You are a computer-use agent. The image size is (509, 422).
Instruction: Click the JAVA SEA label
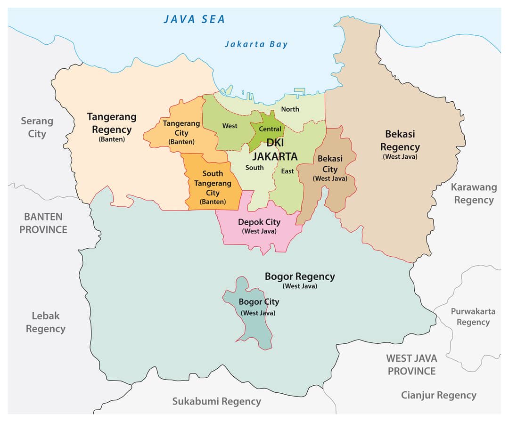[194, 19]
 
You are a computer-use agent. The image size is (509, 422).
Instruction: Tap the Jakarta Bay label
[256, 44]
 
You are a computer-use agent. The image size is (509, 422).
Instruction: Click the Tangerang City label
[181, 132]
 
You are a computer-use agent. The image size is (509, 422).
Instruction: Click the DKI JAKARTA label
[275, 149]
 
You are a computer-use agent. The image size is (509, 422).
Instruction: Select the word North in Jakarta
[290, 109]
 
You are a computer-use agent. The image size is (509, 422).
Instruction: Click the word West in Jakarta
[230, 126]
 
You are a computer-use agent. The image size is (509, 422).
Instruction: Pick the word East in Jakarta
[287, 171]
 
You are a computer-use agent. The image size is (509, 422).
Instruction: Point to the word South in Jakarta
[254, 168]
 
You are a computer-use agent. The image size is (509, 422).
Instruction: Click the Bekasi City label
[330, 168]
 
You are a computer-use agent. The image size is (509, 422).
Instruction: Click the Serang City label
[37, 127]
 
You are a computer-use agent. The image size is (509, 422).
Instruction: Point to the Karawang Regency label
[474, 193]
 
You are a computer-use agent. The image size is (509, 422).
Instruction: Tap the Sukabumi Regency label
[216, 401]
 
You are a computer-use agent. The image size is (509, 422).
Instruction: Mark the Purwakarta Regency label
[473, 316]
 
